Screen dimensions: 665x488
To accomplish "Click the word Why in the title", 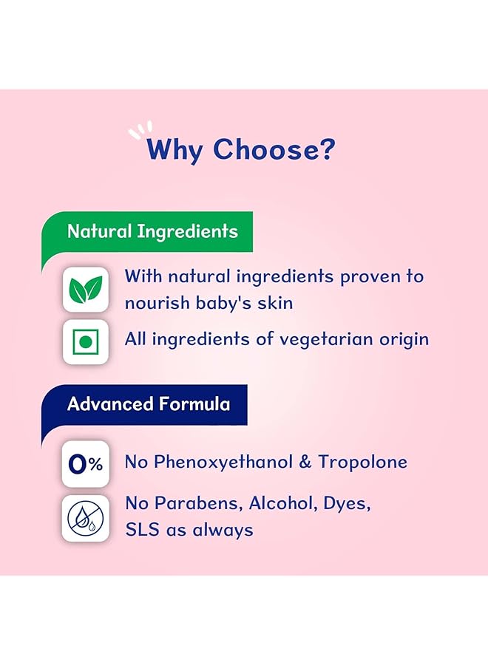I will click(x=175, y=149).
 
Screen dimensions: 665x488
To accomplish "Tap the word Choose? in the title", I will click(x=274, y=149).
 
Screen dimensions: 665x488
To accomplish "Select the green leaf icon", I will click(x=86, y=289).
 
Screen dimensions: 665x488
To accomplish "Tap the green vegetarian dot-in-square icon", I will click(x=86, y=341).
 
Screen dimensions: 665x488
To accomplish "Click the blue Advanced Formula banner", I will click(x=148, y=404).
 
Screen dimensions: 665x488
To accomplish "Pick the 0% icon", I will click(x=86, y=464).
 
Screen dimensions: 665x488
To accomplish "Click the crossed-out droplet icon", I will click(x=86, y=518).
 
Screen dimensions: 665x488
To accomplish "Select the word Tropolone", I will click(x=363, y=463).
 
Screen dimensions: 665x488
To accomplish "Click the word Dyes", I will click(x=346, y=504).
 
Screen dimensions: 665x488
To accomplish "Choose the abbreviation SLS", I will click(x=140, y=529).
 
